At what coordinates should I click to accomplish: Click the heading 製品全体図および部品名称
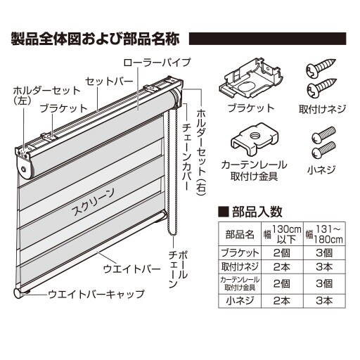(x=96, y=39)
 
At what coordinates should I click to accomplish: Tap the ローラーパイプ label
(x=157, y=63)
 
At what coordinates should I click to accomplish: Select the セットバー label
(x=109, y=82)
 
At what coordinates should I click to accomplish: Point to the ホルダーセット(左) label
(x=46, y=96)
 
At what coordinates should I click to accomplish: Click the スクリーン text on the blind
(x=93, y=202)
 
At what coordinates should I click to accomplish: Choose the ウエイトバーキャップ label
(x=96, y=294)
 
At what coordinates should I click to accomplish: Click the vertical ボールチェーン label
(x=179, y=269)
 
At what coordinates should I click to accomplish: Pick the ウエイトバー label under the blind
(x=132, y=269)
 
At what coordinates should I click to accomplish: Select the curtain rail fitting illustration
(x=255, y=138)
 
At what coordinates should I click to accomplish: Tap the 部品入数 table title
(x=250, y=212)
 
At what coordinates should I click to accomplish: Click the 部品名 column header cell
(x=240, y=234)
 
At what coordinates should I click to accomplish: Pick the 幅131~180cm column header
(x=325, y=234)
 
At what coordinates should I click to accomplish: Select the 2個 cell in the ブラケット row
(x=282, y=252)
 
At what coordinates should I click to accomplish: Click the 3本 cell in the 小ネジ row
(x=325, y=301)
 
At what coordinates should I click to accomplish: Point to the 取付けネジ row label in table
(x=240, y=266)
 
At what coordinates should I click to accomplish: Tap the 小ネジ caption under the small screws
(x=321, y=169)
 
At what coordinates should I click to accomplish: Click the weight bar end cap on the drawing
(x=18, y=293)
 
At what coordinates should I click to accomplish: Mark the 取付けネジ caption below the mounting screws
(x=322, y=109)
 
